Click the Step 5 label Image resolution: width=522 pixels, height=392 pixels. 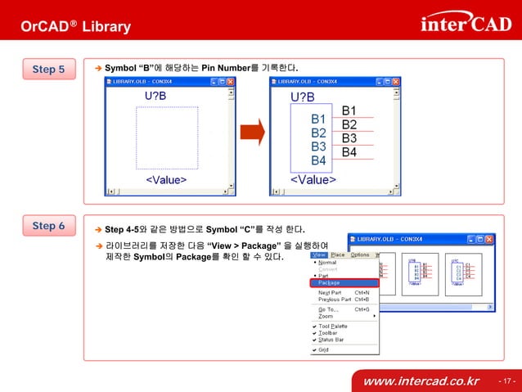pyautogui.click(x=49, y=70)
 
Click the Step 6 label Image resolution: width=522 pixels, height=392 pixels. pyautogui.click(x=49, y=226)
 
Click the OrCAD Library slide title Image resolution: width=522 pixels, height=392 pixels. pyautogui.click(x=75, y=27)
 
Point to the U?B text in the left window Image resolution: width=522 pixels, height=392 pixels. pyautogui.click(x=156, y=97)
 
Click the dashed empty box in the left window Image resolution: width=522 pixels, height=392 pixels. pyautogui.click(x=167, y=138)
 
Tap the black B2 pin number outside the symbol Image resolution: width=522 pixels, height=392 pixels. pyautogui.click(x=349, y=124)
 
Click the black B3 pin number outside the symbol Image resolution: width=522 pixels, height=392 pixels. pyautogui.click(x=349, y=138)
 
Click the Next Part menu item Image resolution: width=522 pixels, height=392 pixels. pyautogui.click(x=331, y=292)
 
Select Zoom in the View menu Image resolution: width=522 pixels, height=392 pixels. pyautogui.click(x=326, y=316)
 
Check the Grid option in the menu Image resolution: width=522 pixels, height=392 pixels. pyautogui.click(x=323, y=349)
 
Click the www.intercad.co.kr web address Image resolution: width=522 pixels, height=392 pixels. pyautogui.click(x=421, y=381)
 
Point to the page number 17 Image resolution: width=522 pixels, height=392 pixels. pyautogui.click(x=506, y=381)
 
